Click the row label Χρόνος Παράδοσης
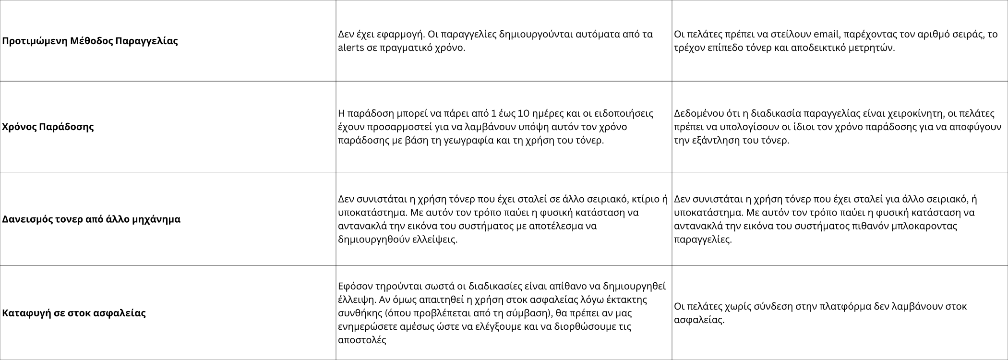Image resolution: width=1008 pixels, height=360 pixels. [x=48, y=127]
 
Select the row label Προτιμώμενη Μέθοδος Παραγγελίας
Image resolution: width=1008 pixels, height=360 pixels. [x=90, y=41]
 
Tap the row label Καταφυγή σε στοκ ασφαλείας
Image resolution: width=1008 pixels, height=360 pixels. [x=74, y=313]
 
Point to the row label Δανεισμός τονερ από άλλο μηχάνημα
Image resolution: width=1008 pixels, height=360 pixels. [x=91, y=219]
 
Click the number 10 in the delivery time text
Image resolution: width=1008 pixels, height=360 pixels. [x=524, y=114]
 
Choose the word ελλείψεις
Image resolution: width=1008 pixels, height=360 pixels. [x=435, y=240]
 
